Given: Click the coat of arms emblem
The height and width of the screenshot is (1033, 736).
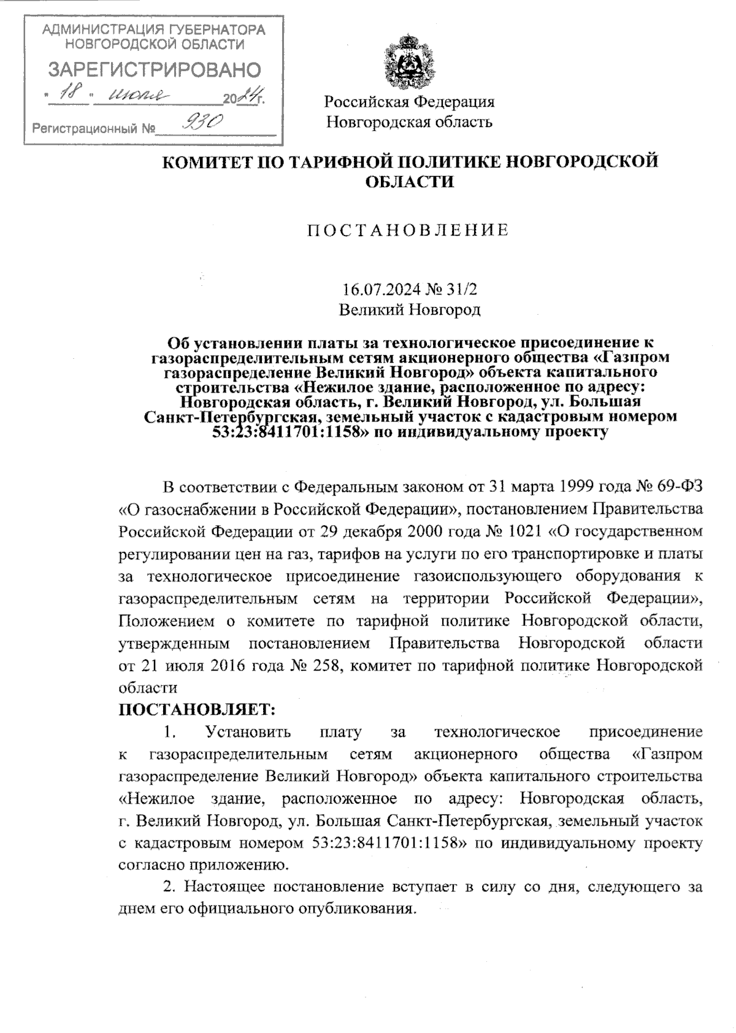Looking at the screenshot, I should point(408,63).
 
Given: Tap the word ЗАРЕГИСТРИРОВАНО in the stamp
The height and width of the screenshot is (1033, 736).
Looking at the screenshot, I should point(154,70).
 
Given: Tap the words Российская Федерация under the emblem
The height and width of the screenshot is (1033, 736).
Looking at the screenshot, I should point(409,102).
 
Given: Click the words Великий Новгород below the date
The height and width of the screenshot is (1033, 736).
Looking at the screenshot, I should point(410,310).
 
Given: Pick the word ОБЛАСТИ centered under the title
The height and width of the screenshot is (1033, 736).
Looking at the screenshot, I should point(409,182).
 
